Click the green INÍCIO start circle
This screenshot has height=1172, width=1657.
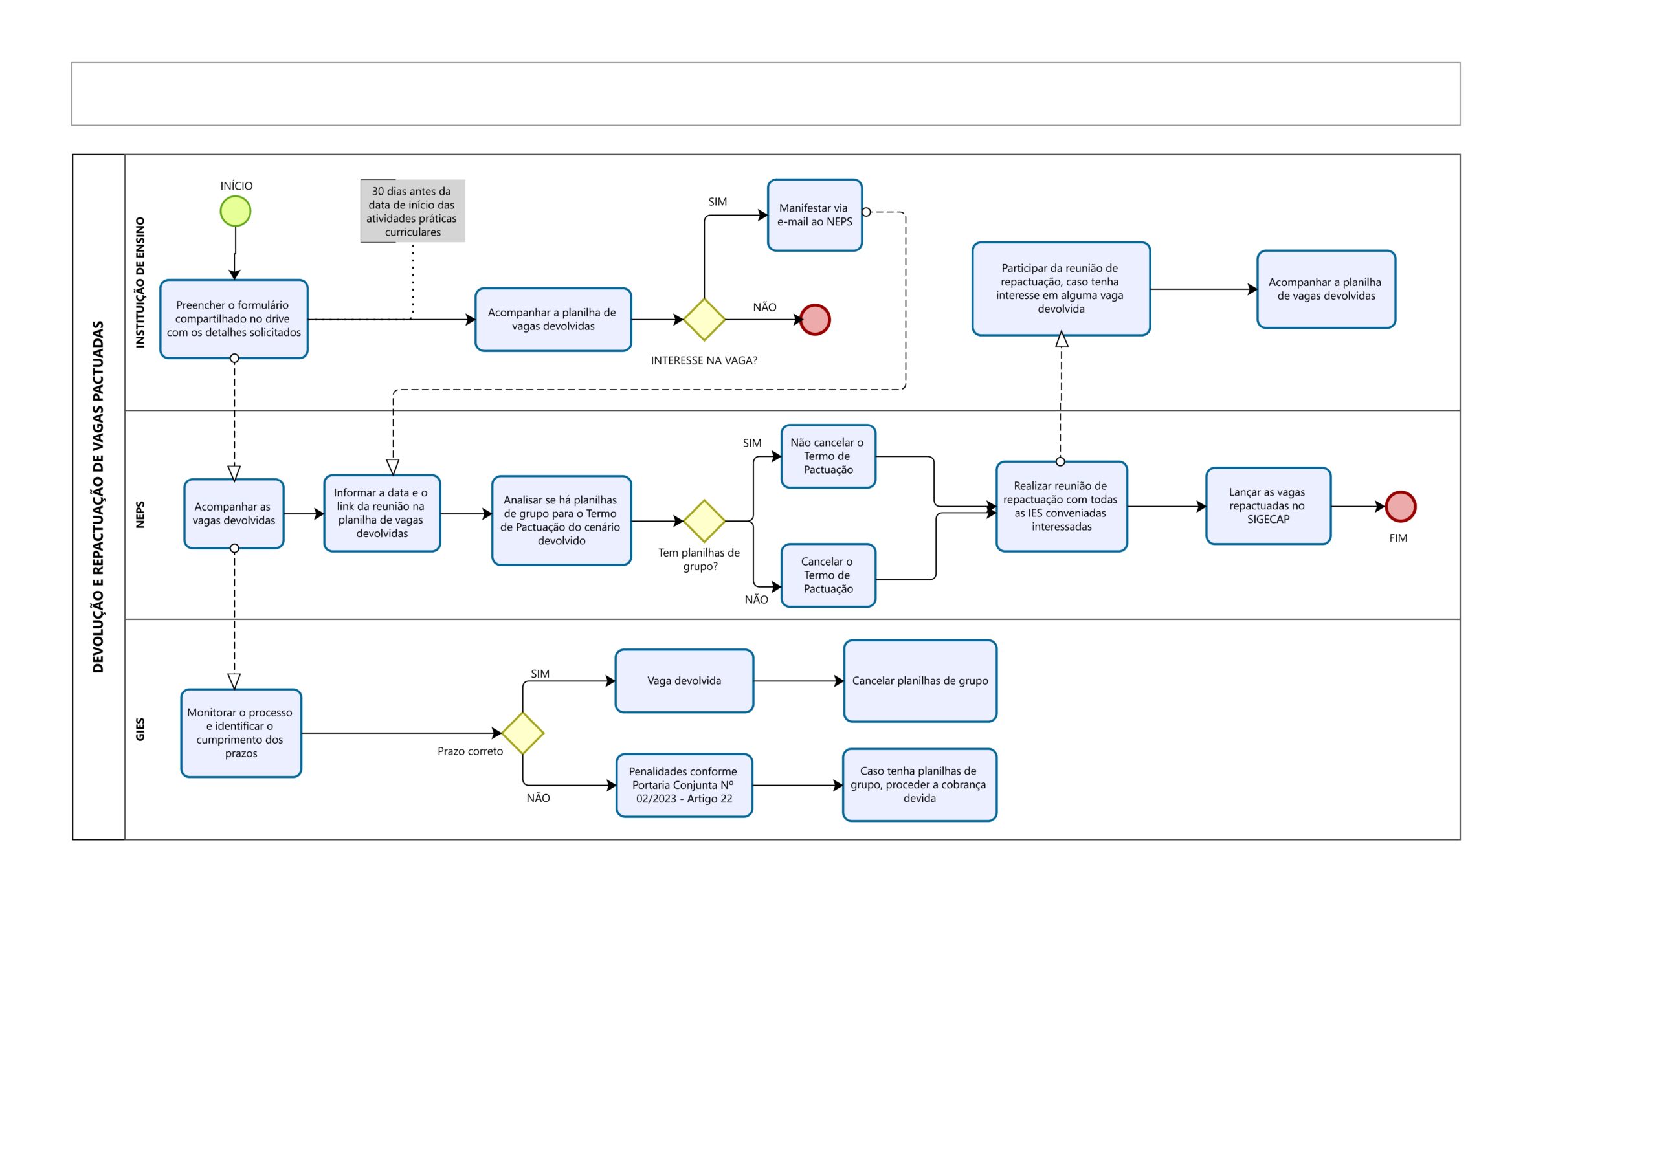click(235, 212)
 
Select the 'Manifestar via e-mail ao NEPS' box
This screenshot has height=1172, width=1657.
click(815, 215)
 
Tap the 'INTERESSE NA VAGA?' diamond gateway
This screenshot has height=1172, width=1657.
click(704, 319)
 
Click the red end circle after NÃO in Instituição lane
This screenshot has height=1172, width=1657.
click(816, 320)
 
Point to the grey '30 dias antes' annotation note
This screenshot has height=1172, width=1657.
click(413, 211)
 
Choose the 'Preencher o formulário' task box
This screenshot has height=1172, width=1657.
click(234, 319)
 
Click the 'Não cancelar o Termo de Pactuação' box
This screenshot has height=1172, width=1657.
click(828, 456)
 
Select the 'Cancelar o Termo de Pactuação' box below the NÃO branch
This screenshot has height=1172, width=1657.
click(828, 575)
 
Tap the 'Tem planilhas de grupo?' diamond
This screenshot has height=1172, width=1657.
click(704, 520)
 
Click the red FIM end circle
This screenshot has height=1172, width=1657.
click(1401, 507)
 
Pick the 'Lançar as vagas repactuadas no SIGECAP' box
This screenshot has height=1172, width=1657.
click(1268, 506)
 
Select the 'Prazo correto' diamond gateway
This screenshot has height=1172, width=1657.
click(522, 733)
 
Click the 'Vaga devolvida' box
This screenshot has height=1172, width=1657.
click(684, 681)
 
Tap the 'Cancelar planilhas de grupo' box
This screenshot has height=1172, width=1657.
click(920, 681)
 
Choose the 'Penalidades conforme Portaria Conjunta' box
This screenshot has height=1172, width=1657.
click(684, 785)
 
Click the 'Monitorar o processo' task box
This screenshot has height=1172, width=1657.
click(241, 733)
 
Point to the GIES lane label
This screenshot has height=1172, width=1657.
click(140, 729)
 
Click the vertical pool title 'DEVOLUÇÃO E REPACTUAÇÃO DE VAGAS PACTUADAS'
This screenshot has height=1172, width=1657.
click(98, 496)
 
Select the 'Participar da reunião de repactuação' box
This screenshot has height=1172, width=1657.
click(1061, 289)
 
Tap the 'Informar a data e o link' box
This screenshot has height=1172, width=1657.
click(382, 513)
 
